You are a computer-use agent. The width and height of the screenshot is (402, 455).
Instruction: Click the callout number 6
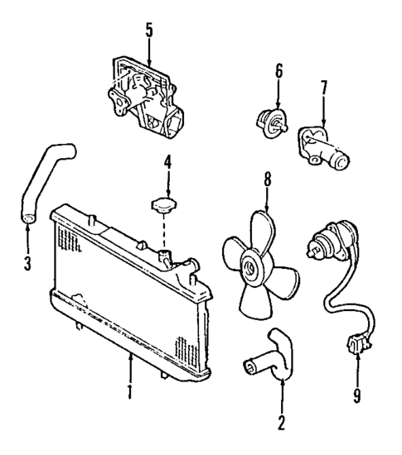point(278,71)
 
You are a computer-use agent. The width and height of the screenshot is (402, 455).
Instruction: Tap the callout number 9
point(356,395)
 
